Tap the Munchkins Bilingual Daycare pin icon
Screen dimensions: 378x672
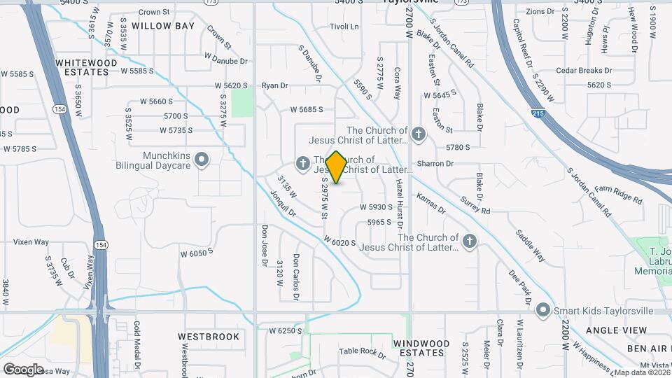point(202,160)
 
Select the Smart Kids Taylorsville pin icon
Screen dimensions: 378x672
point(542,310)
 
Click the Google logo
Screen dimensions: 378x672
point(23,369)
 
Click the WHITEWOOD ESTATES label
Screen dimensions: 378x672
point(86,67)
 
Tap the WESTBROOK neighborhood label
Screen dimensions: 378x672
point(213,337)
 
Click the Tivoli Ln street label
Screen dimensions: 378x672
point(344,27)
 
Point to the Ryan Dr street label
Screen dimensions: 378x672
point(274,85)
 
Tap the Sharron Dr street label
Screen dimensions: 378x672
point(435,164)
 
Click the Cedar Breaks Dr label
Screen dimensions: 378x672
point(584,71)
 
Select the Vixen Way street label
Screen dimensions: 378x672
point(31,242)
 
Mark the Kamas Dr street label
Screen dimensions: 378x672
point(430,204)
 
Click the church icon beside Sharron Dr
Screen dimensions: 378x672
point(418,134)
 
